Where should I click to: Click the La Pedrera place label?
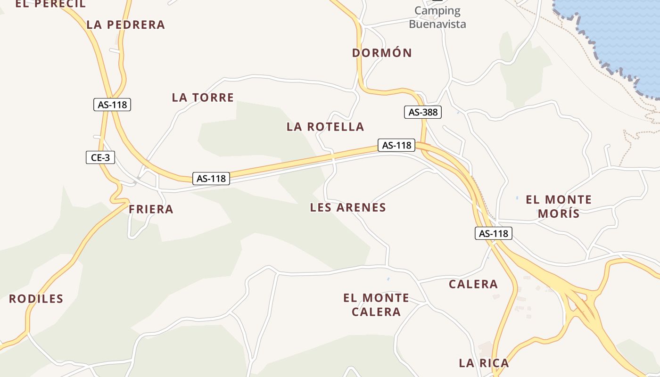click(x=126, y=25)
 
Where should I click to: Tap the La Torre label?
click(x=203, y=98)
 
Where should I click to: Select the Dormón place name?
click(x=382, y=53)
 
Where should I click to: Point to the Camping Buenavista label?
click(x=437, y=17)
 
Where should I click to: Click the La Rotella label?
click(x=325, y=127)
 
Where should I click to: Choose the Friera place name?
click(x=151, y=209)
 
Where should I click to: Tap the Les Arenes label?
click(x=348, y=207)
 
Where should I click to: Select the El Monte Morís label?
click(x=559, y=206)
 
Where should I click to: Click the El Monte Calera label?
click(x=376, y=304)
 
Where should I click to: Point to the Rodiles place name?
click(x=36, y=299)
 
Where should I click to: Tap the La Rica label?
click(x=484, y=363)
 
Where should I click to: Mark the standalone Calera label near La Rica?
click(x=473, y=284)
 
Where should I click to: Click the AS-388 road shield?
click(x=423, y=112)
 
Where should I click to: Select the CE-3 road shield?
click(x=100, y=157)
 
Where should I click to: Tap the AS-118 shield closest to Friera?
click(x=211, y=179)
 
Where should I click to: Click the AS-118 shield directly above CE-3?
click(x=112, y=105)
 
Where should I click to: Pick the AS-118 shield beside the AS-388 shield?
click(x=396, y=145)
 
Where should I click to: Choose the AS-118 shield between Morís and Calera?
click(x=493, y=233)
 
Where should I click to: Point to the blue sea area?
click(x=618, y=33)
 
